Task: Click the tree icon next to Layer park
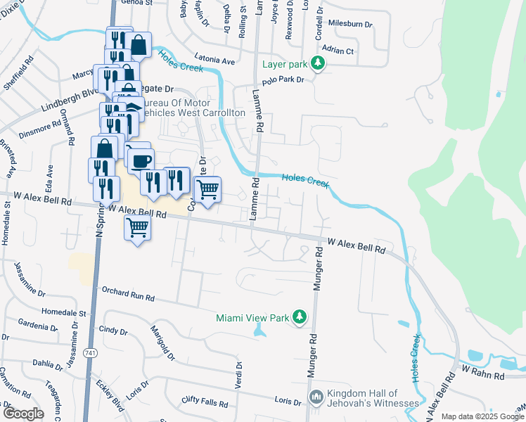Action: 319,64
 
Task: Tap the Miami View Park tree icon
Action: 300,318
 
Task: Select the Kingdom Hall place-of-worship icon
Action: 316,398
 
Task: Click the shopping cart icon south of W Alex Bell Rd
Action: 137,227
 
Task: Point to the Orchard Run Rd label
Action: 127,294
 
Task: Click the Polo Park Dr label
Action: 282,81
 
